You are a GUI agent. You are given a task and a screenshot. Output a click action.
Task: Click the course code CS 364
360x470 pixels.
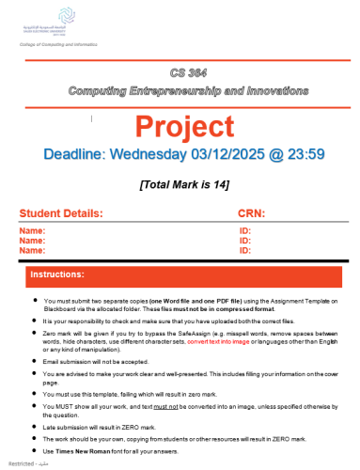188,72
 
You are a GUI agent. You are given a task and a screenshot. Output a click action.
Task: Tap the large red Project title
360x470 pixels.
188,125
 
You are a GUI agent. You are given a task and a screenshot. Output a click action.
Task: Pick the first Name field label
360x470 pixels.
32,230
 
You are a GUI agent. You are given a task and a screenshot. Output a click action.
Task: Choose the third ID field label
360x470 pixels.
245,251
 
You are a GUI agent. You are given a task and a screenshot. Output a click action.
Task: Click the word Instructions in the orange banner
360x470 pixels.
61,275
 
